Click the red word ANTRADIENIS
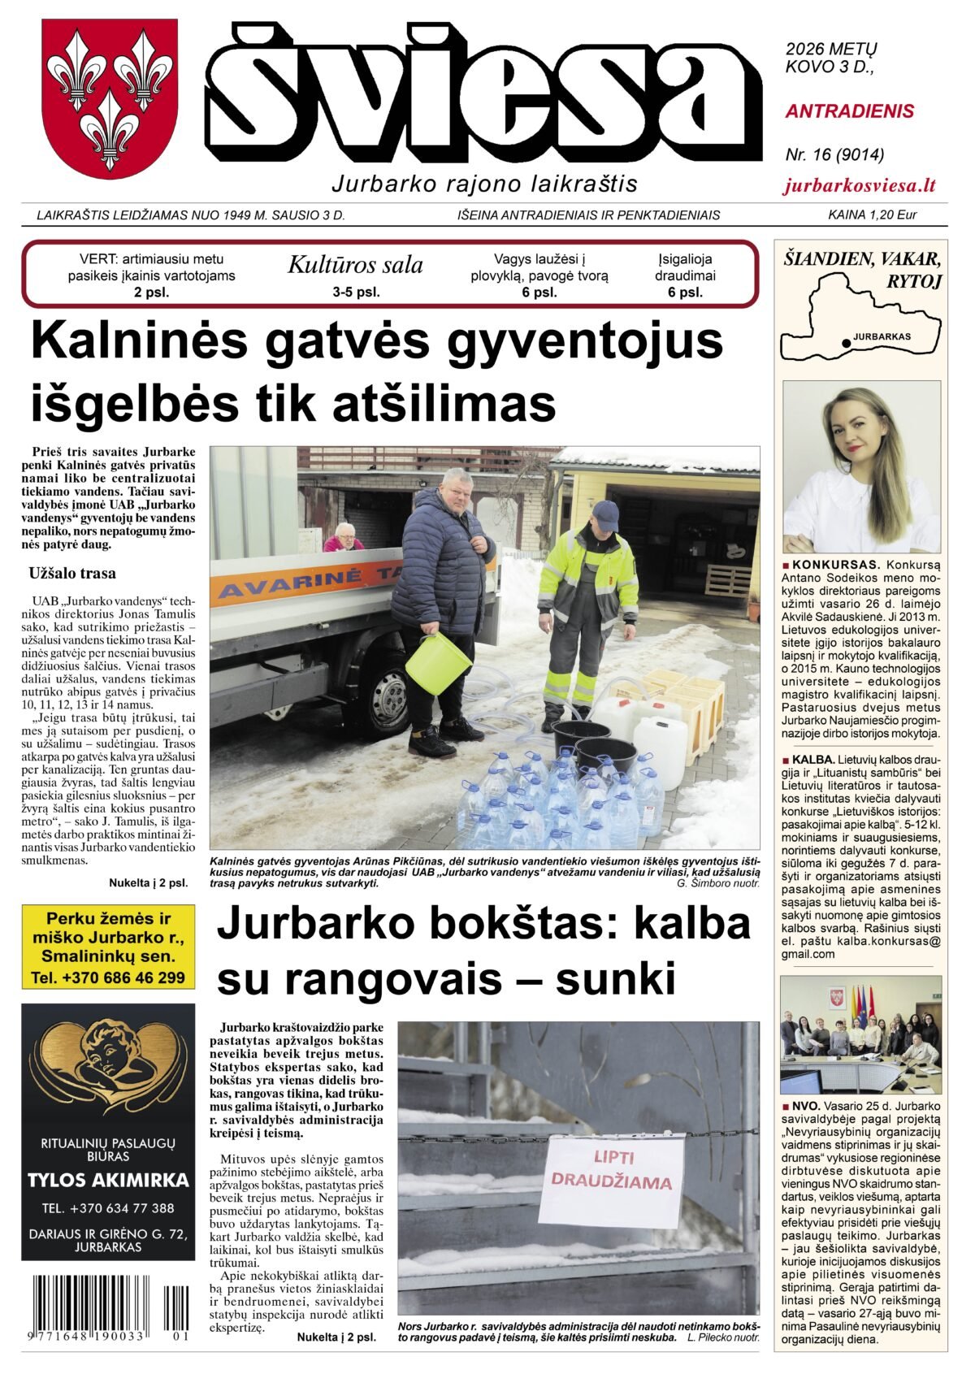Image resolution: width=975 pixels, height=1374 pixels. point(849,111)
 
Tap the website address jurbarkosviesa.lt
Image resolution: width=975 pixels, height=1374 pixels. point(860,185)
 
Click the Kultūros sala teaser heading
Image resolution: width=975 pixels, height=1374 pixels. point(355,265)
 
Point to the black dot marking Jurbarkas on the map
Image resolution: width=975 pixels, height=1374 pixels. point(847,344)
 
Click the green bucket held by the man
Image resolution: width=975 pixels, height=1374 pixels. point(438,662)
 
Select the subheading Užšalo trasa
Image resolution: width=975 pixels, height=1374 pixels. point(72,573)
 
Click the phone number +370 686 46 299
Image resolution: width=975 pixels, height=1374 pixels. point(108,977)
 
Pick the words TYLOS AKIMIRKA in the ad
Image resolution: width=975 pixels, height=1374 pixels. point(108,1181)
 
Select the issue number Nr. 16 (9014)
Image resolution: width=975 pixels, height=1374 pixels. point(834,154)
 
